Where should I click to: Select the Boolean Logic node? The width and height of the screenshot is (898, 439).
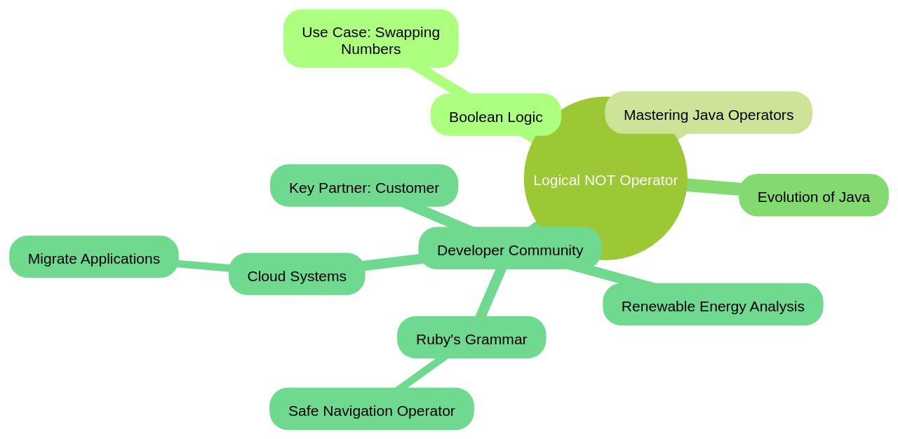tap(495, 116)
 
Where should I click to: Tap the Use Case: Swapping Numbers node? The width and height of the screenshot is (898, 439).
tap(370, 40)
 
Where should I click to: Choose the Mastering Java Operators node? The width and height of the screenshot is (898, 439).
tap(708, 114)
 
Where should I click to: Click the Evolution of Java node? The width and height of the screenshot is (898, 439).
tap(813, 196)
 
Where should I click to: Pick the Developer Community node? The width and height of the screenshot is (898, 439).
tap(509, 250)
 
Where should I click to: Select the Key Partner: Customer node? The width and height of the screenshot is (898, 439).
tap(363, 187)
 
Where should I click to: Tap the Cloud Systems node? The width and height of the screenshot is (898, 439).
tap(296, 276)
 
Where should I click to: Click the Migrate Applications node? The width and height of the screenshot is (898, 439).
tap(93, 258)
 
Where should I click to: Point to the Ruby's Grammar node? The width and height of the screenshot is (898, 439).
tap(471, 339)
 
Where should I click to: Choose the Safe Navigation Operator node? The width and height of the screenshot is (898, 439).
tap(371, 410)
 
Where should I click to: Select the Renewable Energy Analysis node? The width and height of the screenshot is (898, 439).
tap(712, 306)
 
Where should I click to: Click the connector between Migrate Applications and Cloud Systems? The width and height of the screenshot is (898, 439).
tap(203, 265)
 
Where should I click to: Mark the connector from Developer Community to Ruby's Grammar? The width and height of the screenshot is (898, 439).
tap(491, 292)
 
